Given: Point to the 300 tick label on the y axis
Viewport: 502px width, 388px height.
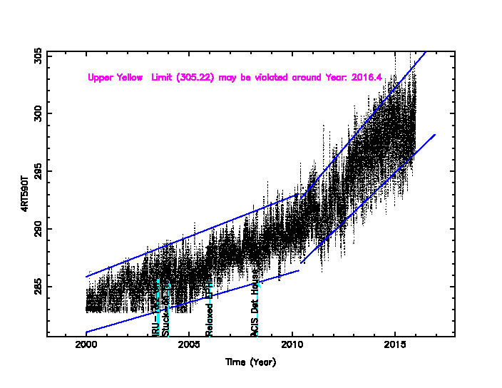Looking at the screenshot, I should pos(38,113).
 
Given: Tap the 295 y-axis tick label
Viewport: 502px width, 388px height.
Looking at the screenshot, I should pos(38,172).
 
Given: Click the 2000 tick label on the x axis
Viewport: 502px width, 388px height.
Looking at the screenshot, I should pos(86,347).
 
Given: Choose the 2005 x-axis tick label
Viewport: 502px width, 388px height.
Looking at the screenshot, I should pos(189,347).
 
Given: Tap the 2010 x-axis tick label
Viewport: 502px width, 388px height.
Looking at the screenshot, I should pos(292,347).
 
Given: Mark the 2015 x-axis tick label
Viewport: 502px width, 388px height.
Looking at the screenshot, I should pos(394,347).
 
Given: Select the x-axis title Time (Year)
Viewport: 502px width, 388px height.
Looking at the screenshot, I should pos(250,362).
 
